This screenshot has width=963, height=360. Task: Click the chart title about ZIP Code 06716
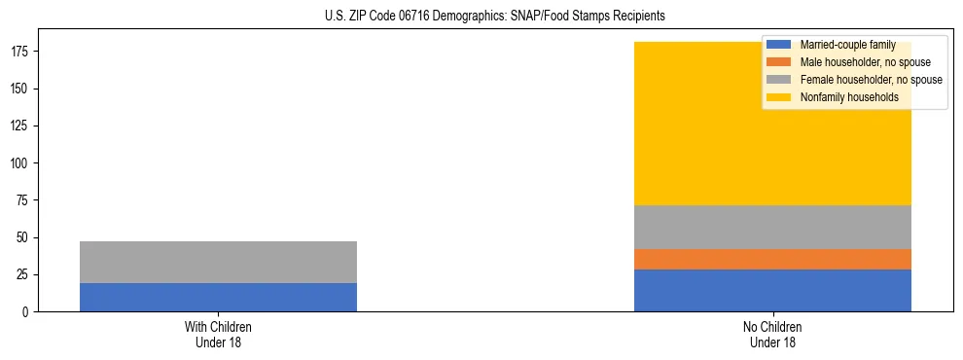pyautogui.click(x=495, y=17)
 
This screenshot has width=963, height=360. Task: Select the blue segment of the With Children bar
pyautogui.click(x=218, y=297)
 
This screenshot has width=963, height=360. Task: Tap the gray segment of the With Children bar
pyautogui.click(x=218, y=262)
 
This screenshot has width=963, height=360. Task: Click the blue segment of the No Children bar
pyautogui.click(x=772, y=290)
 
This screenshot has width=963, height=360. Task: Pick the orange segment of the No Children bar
pyautogui.click(x=772, y=259)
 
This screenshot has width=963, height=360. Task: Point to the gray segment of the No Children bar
pyautogui.click(x=772, y=227)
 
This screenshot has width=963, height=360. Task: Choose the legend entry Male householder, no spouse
pyautogui.click(x=865, y=62)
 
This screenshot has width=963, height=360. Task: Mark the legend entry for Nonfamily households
pyautogui.click(x=848, y=97)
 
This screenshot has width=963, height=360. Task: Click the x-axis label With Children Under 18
pyautogui.click(x=218, y=334)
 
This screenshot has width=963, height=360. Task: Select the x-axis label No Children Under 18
pyautogui.click(x=772, y=334)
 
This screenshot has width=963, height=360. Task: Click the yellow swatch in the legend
pyautogui.click(x=779, y=97)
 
